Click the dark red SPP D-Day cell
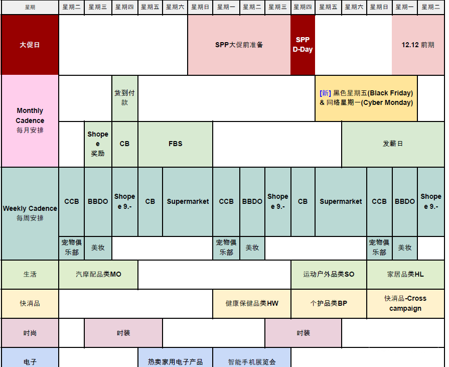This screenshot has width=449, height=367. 303,45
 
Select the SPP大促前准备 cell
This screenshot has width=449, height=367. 239,45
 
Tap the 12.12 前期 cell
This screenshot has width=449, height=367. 418,45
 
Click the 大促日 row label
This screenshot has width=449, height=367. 30,45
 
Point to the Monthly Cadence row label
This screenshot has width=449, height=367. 30,120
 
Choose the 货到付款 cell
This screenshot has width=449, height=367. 124,98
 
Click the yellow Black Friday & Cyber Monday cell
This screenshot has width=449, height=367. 366,98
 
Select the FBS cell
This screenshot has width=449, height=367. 175,144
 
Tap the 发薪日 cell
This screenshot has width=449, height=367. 393,144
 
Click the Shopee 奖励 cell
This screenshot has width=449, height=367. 98,144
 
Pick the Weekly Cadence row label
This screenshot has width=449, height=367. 30,213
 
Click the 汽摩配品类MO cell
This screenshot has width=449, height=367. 98,275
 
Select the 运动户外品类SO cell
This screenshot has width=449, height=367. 329,275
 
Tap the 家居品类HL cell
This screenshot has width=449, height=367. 405,275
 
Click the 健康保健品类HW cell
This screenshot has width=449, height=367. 252,303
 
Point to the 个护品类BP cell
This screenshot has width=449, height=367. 329,303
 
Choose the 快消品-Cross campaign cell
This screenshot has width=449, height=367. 405,303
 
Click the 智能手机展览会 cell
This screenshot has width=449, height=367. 252,358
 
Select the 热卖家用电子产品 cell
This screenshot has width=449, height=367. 175,358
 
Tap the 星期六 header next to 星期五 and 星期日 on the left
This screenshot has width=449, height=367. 175,7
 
